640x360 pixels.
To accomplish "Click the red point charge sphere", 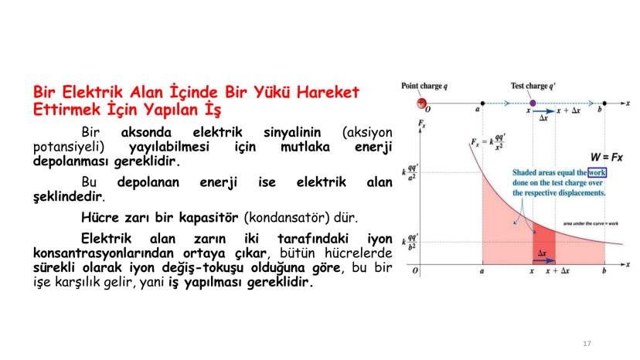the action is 421,104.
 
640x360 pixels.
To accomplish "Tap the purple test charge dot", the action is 533,104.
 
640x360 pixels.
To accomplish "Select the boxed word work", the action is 597,172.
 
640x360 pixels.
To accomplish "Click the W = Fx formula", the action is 607,157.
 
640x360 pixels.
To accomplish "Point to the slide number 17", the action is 587,344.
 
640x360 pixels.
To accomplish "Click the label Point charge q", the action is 424,86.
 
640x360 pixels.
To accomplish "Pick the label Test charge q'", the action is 533,86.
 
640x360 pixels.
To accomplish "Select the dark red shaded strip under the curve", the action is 543,243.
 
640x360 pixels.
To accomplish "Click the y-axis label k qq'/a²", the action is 410,172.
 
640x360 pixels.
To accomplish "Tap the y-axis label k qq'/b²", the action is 410,242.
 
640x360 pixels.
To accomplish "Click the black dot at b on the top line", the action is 604,104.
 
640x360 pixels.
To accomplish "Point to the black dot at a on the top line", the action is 482,104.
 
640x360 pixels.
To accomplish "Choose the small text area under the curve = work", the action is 591,224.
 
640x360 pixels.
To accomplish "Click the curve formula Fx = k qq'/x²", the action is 489,141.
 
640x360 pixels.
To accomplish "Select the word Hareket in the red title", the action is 328,92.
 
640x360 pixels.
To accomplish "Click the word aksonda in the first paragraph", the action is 146,133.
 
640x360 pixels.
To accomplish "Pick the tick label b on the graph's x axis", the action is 604,270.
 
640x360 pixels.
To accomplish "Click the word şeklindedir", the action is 67,196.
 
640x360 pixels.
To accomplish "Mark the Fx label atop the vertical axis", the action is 421,124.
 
